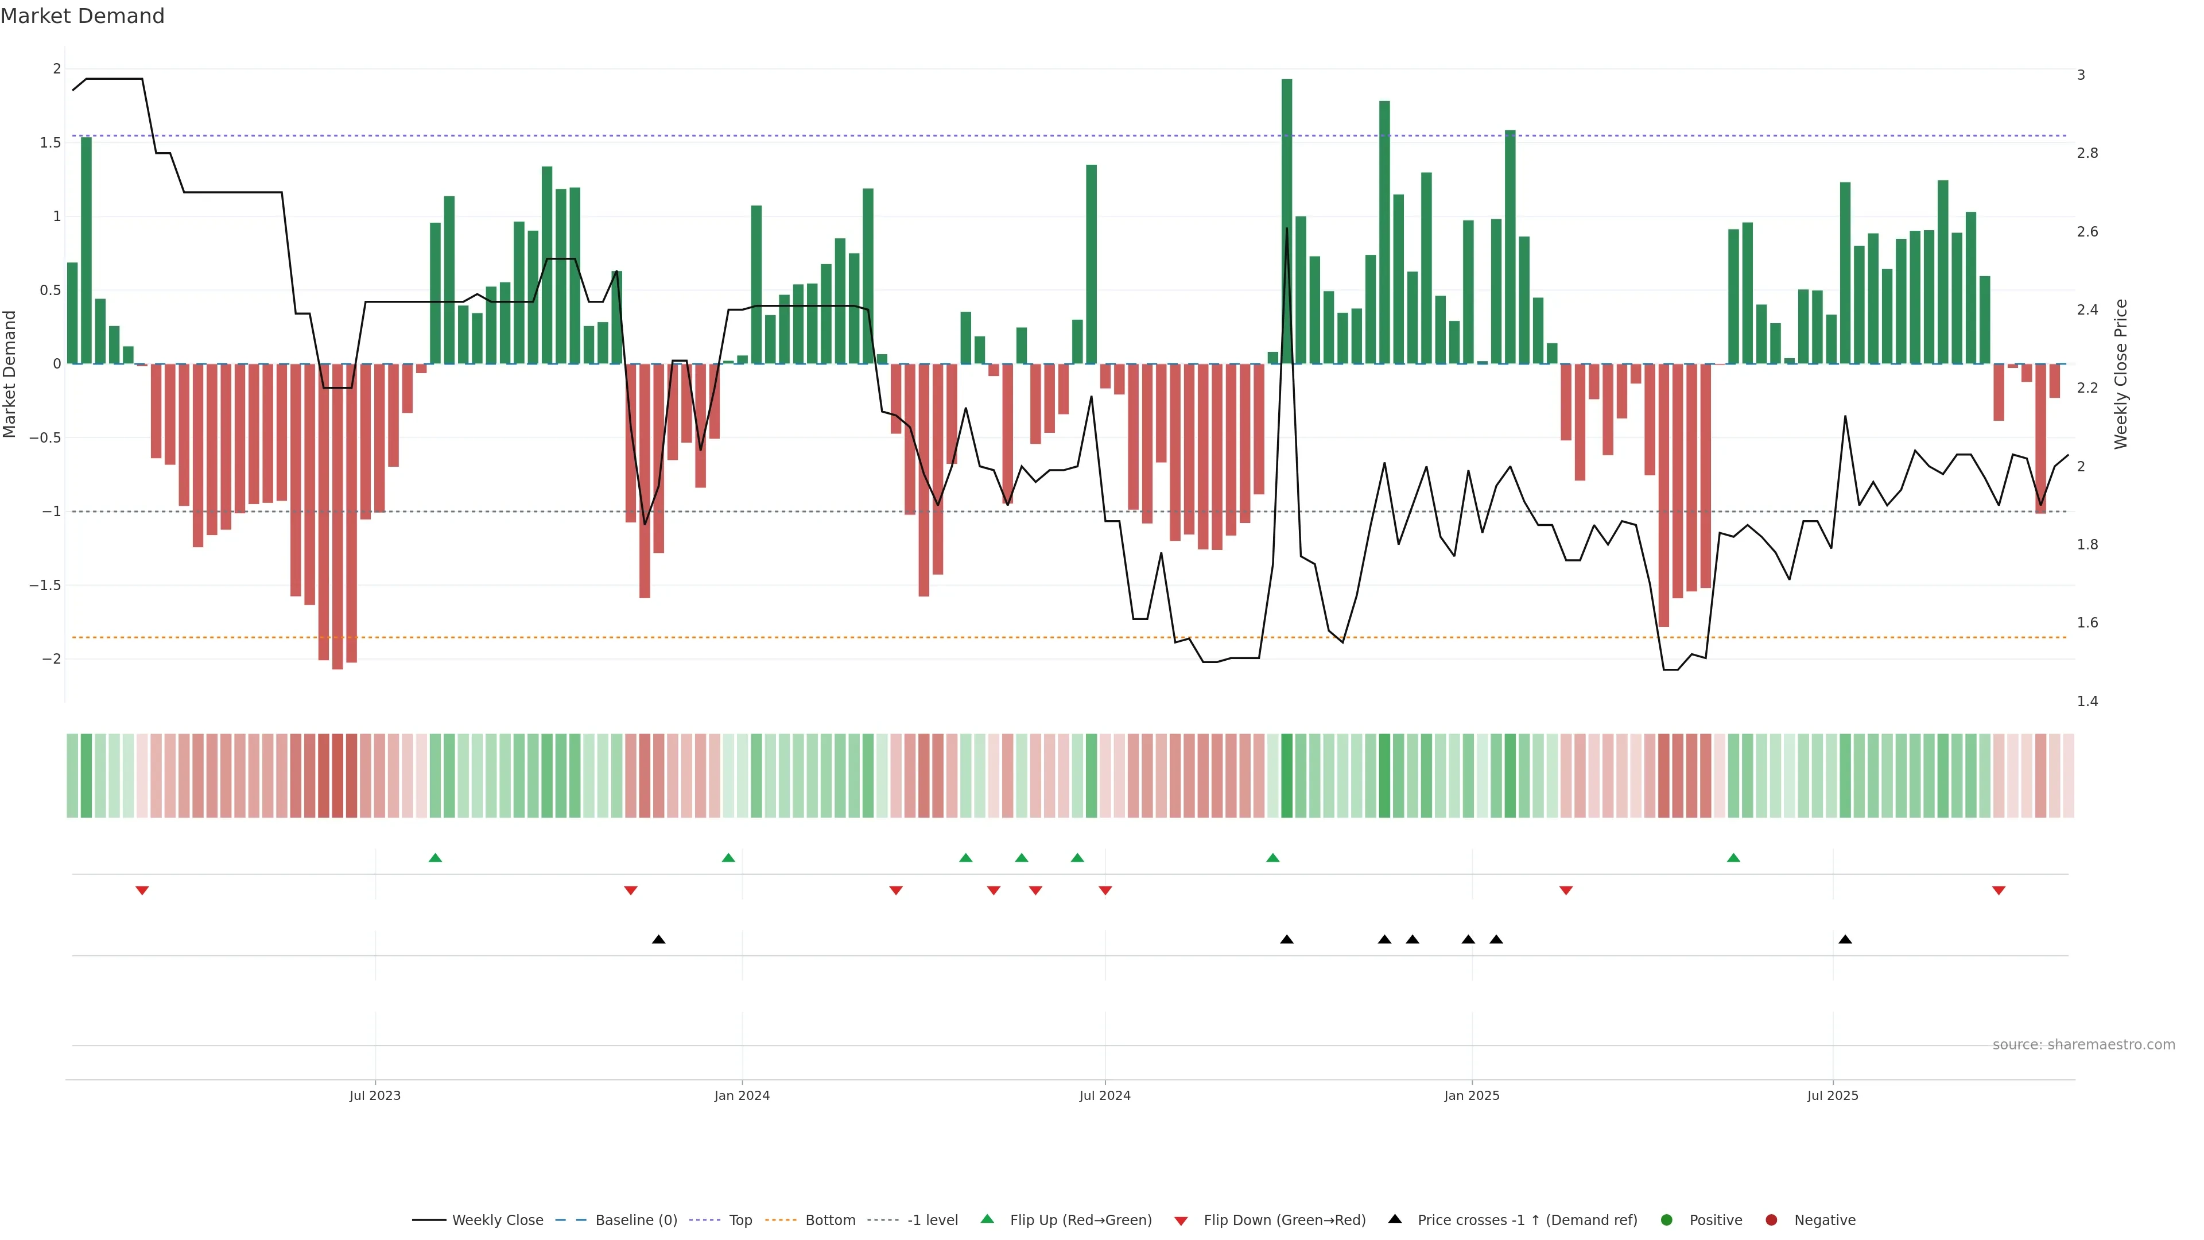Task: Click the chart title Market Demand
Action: [82, 16]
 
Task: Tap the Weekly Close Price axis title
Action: [2120, 374]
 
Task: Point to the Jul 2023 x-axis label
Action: [375, 1095]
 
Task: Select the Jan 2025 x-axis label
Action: [1472, 1095]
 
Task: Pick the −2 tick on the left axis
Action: [51, 659]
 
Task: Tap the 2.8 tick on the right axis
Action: [2087, 153]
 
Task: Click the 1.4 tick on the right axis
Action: [2087, 702]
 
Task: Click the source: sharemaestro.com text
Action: [2083, 1045]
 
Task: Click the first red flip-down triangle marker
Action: [142, 891]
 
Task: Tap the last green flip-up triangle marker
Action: [1733, 858]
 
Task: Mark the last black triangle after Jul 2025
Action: [1845, 940]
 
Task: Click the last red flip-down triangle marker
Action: [1999, 891]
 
